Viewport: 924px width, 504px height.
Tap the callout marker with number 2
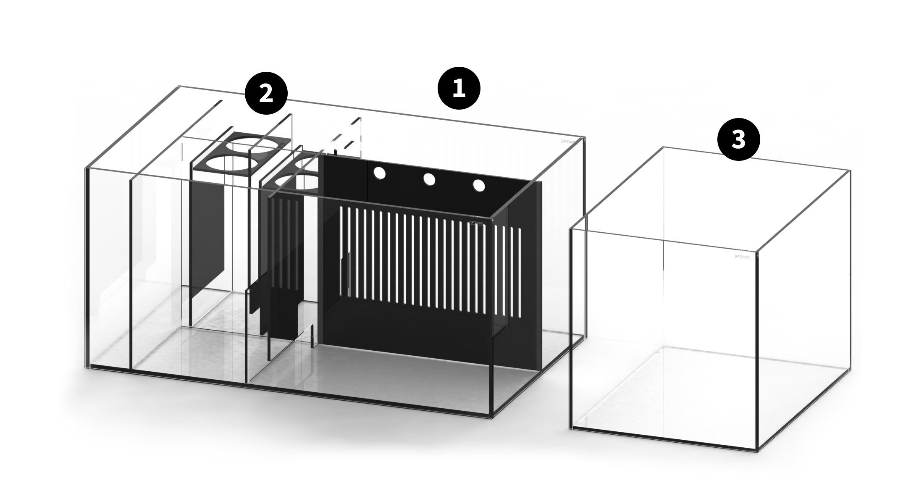[266, 95]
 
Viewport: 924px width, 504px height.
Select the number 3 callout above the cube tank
[738, 139]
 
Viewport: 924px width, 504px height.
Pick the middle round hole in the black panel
[429, 179]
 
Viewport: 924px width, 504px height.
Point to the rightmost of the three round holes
[479, 185]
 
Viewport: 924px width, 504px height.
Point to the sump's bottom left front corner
[89, 367]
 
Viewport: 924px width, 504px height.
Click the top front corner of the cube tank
[757, 252]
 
